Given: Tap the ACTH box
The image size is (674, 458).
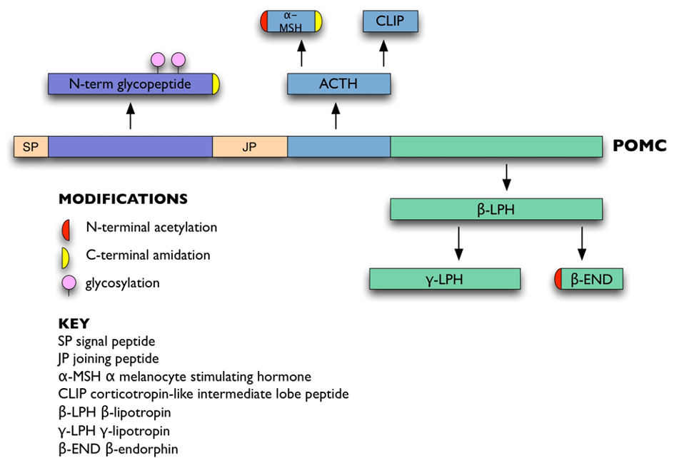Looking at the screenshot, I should pos(338,84).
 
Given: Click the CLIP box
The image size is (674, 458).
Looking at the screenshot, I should pos(390,21).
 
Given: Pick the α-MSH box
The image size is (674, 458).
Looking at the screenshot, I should pos(291,21).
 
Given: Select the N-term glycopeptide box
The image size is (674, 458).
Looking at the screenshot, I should pos(131,84).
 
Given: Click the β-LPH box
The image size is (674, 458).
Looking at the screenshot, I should pos(496,210).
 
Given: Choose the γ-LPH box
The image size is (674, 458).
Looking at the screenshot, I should pos(445,279).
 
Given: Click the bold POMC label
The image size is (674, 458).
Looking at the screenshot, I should pos(640,146).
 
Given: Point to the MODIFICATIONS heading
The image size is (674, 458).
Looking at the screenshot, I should pos(123,199).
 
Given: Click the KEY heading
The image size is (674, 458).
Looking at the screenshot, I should pos(74,322).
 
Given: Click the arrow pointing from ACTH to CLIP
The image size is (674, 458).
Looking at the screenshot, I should pos(383,54).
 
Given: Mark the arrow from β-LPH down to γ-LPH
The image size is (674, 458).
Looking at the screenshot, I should pos(459,243).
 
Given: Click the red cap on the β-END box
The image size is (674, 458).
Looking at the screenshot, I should pos(558,279).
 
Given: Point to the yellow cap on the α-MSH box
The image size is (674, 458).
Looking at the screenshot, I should pos(318,21).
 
